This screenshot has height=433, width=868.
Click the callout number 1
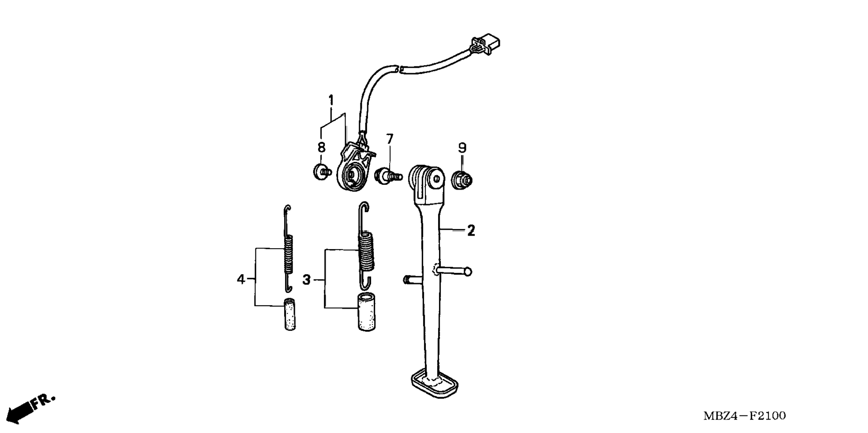point(331,100)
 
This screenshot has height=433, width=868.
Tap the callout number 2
point(471,231)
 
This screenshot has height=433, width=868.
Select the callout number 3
point(307,280)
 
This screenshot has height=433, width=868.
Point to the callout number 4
point(241,279)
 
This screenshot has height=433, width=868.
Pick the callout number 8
point(321,147)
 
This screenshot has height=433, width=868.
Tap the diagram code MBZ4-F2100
point(745,416)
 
